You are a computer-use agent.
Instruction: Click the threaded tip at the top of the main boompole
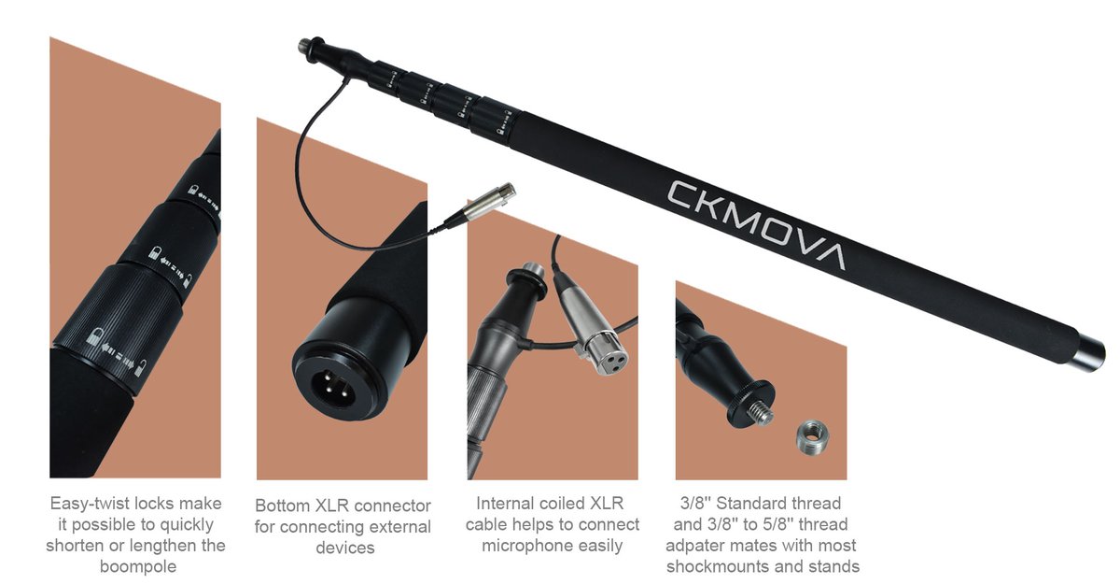(x=304, y=44)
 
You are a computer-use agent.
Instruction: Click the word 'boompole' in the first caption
(x=136, y=567)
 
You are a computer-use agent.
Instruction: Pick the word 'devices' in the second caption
(x=344, y=548)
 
